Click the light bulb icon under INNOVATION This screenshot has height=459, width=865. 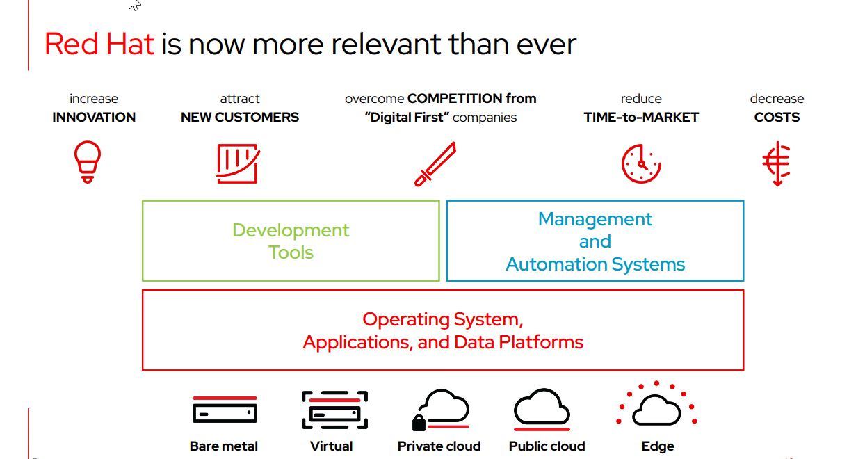click(x=88, y=161)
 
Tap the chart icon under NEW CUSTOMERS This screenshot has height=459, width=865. click(x=238, y=163)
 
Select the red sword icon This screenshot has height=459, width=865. click(x=435, y=164)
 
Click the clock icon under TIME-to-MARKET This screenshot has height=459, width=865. click(x=640, y=164)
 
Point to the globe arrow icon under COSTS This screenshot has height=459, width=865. click(x=777, y=163)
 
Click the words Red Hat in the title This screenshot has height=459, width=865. click(x=99, y=45)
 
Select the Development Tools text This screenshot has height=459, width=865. click(x=291, y=241)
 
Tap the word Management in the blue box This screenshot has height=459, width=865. click(x=595, y=219)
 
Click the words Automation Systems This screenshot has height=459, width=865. click(x=595, y=264)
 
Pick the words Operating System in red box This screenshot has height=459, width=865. click(x=442, y=319)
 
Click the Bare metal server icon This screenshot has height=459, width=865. click(x=224, y=411)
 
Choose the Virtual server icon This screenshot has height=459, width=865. click(x=334, y=410)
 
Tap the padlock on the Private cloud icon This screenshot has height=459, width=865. click(x=419, y=422)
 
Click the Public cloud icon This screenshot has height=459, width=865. click(x=542, y=409)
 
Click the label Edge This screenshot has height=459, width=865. click(x=658, y=446)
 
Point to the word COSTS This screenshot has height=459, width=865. click(x=777, y=118)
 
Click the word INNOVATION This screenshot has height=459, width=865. click(x=94, y=118)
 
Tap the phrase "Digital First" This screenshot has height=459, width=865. click(x=406, y=118)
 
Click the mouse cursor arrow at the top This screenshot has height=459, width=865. click(x=134, y=5)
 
